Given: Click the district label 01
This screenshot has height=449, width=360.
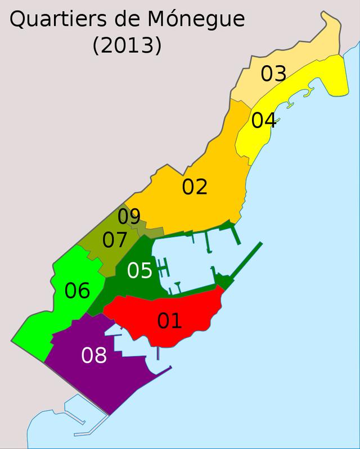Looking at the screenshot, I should point(169,320).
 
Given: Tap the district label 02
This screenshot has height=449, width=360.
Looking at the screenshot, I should point(195,187).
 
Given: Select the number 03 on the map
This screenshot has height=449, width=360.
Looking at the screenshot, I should point(273,74).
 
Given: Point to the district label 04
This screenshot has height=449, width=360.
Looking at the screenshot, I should point(263,120).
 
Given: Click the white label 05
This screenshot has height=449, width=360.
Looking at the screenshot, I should point(139,270).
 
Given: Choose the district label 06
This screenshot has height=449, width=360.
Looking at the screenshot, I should point(77,291).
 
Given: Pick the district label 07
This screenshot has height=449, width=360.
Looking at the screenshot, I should point(115,241).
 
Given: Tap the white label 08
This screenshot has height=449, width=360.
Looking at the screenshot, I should point(94,355).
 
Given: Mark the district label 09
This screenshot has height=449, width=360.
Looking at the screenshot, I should point(129,216).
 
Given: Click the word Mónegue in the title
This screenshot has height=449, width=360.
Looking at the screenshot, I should point(197,20).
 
